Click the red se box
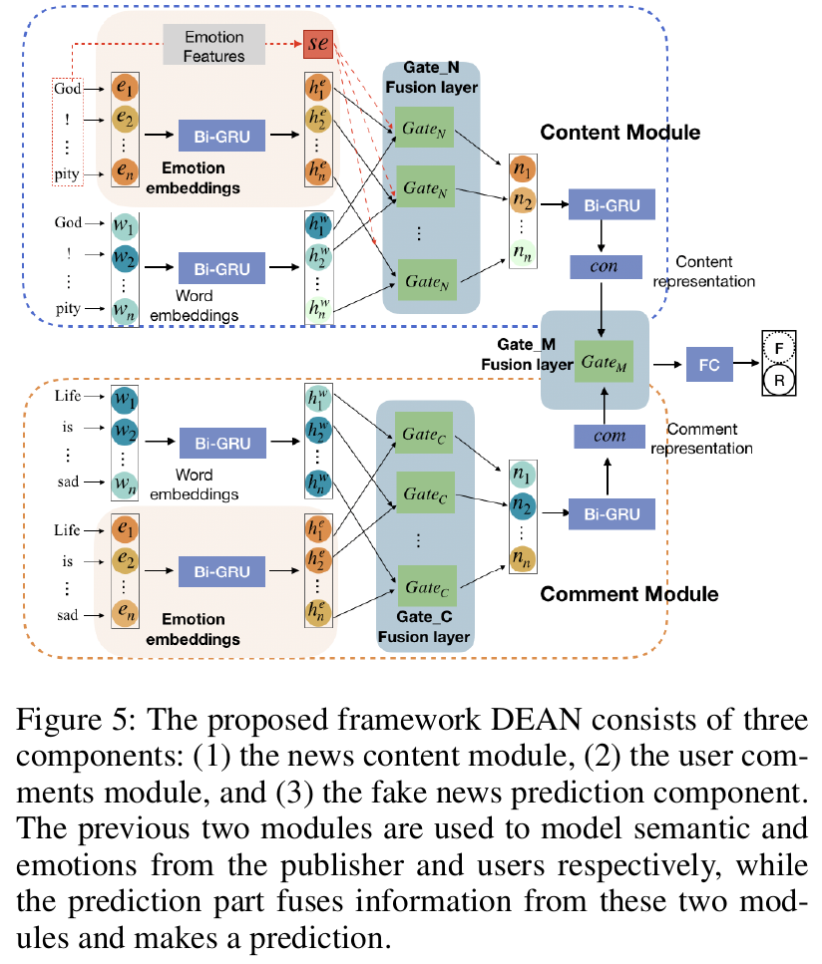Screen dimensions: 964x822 point(320,45)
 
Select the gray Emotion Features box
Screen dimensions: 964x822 point(213,45)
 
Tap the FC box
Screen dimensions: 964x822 point(708,366)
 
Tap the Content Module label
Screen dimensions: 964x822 point(619,133)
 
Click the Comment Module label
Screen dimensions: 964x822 point(628,595)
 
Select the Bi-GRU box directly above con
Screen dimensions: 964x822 point(611,206)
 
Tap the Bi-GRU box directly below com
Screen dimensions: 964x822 point(611,513)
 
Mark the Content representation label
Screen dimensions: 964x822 point(703,271)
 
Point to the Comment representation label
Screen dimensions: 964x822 point(702,439)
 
